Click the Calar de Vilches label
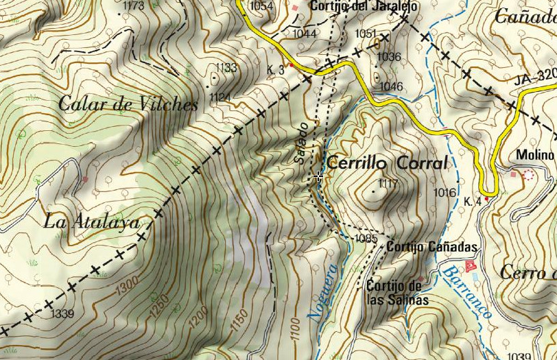point(128,104)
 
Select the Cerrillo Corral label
point(387,163)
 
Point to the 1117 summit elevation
point(388,183)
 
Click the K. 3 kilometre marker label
point(276,69)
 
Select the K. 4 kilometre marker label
point(472,202)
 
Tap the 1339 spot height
point(62,314)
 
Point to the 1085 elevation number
point(366,239)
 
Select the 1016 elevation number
point(445,193)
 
